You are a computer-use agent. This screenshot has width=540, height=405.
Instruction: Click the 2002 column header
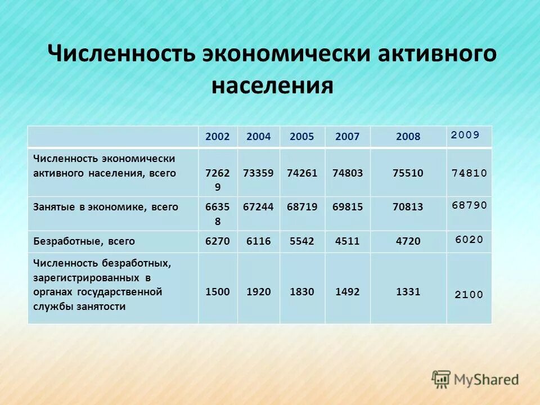(x=218, y=137)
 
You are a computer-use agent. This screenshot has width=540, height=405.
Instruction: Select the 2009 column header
(x=465, y=134)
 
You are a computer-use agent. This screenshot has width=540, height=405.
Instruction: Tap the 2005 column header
(x=301, y=137)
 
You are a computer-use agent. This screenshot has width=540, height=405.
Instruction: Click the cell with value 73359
(x=258, y=173)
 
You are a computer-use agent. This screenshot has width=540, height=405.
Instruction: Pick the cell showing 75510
(x=408, y=173)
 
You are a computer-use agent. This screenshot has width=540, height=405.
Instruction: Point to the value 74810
(x=469, y=173)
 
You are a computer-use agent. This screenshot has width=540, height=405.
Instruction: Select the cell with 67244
(x=258, y=207)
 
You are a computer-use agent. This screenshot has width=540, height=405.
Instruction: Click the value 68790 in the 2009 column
(x=469, y=205)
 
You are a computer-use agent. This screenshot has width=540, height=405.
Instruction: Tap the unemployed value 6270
(x=218, y=241)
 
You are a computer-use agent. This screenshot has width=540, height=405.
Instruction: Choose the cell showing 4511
(x=347, y=241)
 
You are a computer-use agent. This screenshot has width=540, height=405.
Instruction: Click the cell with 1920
(x=258, y=292)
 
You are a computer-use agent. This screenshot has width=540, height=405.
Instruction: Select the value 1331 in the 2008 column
(x=408, y=292)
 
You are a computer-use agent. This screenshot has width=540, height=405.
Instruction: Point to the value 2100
(x=469, y=294)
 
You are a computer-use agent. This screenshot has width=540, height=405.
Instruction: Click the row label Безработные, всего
(x=84, y=241)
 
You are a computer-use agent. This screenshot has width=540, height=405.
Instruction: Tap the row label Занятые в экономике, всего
(x=105, y=207)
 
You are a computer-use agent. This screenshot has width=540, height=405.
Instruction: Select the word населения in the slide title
(x=272, y=87)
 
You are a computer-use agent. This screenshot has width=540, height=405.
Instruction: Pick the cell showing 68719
(x=301, y=207)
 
